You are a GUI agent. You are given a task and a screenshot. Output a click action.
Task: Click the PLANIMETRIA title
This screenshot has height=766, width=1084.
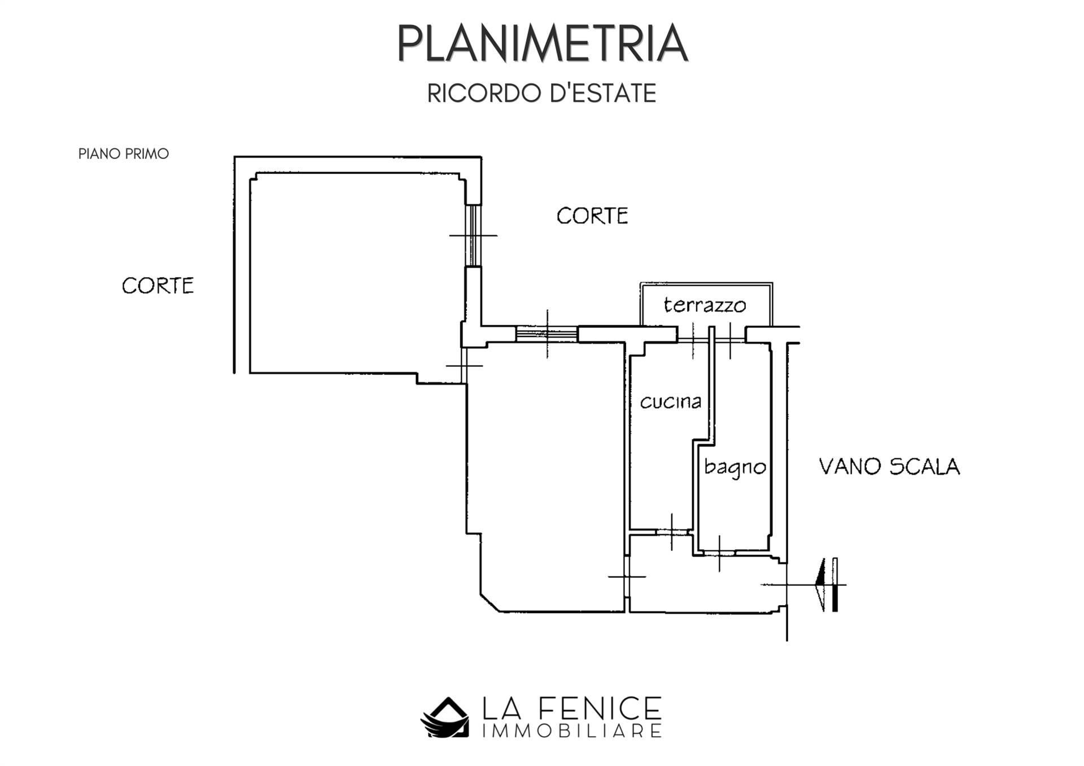542,43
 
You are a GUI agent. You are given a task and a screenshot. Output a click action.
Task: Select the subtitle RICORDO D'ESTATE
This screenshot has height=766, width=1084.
542,94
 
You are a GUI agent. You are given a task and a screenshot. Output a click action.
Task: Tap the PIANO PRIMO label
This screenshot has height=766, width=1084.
124,154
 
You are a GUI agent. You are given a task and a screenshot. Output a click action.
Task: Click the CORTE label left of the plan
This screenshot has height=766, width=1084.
158,286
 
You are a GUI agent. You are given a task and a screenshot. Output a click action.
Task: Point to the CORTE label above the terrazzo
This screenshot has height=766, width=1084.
592,216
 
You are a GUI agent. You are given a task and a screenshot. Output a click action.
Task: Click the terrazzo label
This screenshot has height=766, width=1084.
705,305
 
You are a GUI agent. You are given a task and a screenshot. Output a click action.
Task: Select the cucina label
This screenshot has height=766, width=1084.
670,401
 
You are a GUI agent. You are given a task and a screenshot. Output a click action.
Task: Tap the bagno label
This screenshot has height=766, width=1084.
735,467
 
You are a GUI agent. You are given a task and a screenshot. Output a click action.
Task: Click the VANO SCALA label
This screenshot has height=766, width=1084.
889,467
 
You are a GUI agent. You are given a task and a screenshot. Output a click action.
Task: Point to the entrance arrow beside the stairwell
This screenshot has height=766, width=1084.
828,584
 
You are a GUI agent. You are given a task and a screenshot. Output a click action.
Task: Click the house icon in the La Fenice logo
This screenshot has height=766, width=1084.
445,717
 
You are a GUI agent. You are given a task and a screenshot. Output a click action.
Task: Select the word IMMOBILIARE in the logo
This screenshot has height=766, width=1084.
572,732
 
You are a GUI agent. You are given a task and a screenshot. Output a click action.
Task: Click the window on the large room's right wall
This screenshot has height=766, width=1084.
474,235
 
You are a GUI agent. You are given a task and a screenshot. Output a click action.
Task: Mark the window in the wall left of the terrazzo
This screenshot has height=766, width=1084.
547,334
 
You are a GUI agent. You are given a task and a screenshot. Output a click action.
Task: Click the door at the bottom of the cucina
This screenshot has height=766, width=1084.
671,532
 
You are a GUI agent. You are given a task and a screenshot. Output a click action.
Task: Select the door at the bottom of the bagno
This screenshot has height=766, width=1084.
719,552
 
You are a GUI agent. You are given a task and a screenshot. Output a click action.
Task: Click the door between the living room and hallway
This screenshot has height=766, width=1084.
627,576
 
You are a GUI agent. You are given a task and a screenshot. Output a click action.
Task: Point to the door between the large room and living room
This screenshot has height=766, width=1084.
464,365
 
